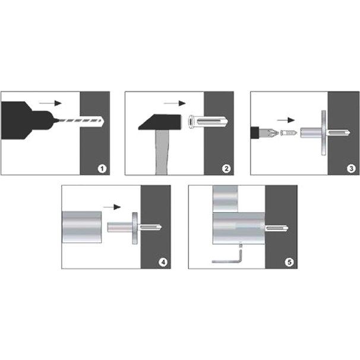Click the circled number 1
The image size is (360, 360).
point(102,169)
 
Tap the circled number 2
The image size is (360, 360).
point(226,169)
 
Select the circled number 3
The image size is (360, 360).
point(351,169)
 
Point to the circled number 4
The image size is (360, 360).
point(163,262)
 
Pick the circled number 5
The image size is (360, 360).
point(289,262)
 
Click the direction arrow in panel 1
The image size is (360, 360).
point(50,103)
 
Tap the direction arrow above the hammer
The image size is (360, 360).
point(175,103)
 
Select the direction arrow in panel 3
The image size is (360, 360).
point(286,120)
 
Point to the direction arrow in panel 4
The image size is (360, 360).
point(112,207)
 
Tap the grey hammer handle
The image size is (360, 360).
point(162,152)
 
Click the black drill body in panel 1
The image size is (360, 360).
point(26,121)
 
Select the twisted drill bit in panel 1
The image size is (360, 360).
point(78,121)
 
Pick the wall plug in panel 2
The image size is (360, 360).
point(208,122)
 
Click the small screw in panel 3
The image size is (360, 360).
point(289,132)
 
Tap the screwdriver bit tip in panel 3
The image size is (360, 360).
point(269,132)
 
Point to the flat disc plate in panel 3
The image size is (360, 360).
point(324,133)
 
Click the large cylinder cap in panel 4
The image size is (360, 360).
point(82,227)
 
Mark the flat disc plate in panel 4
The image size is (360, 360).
point(135,228)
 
